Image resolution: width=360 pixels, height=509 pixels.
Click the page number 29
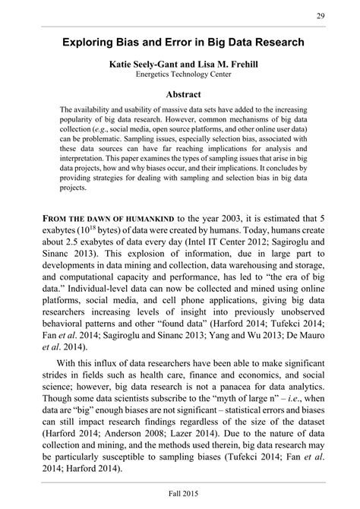point(321,17)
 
